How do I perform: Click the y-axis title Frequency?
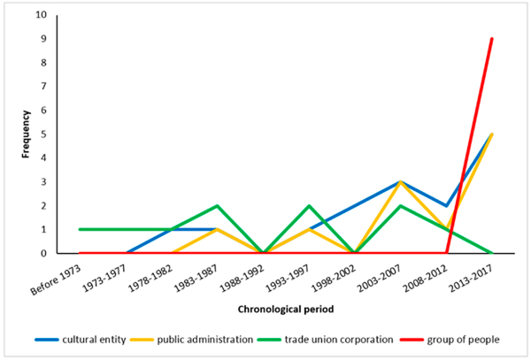(27, 134)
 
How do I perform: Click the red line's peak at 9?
(491, 39)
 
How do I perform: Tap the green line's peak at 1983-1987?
(217, 205)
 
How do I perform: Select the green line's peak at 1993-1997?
(308, 205)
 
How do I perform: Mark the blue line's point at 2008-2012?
(446, 205)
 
